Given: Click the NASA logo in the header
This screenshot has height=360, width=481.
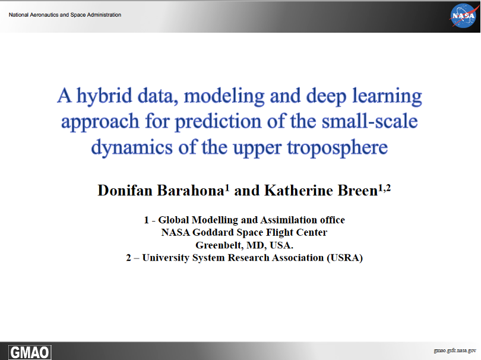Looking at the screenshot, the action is [x=464, y=15].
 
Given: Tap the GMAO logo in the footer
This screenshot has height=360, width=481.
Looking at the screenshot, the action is [x=30, y=352].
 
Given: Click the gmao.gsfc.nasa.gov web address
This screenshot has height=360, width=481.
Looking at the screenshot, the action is [x=455, y=350].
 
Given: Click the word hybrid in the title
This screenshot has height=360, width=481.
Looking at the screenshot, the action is [x=104, y=96].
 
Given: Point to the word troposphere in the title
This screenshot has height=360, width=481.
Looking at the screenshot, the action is [x=337, y=148].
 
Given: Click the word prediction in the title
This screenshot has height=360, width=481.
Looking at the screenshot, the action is [x=218, y=122].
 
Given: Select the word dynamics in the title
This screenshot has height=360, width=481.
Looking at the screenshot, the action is [x=132, y=147].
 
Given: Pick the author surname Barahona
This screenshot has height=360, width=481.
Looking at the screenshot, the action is [x=191, y=191].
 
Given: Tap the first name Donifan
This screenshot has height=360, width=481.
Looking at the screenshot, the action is [x=125, y=191].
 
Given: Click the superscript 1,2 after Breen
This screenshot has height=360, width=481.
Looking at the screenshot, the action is [x=384, y=188].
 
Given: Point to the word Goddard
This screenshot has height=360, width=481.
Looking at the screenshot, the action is [x=213, y=232].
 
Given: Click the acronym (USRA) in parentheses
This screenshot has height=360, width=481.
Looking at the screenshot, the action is [x=345, y=258].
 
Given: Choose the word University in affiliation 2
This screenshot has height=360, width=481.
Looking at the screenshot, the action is [x=166, y=258].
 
